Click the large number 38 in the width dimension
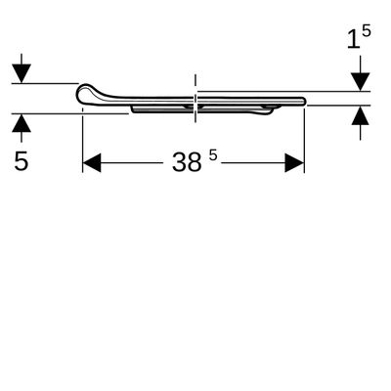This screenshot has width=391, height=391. tap(187, 162)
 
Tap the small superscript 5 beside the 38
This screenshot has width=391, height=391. tap(213, 155)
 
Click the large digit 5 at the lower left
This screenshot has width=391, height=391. tap(22, 160)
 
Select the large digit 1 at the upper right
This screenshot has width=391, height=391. tap(353, 40)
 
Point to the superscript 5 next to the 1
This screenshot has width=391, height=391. tap(367, 31)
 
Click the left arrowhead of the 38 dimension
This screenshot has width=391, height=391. tap(92, 162)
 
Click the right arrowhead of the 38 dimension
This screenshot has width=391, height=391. tap(294, 162)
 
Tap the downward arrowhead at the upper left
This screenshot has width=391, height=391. tap(22, 73)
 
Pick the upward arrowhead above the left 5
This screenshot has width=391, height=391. tap(22, 123)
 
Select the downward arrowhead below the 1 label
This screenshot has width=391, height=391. tap(360, 82)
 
